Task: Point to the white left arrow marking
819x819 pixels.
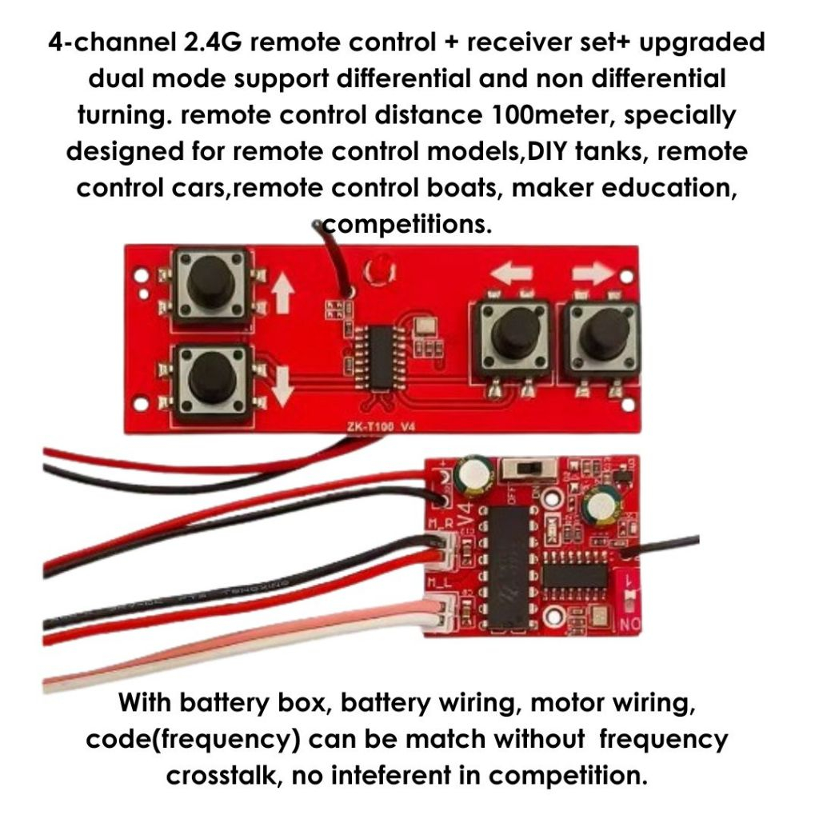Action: tap(512, 274)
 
